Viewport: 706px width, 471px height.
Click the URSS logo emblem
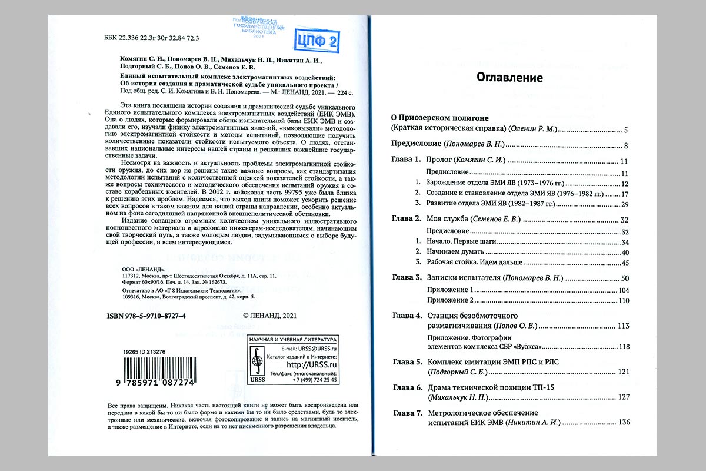pyautogui.click(x=257, y=363)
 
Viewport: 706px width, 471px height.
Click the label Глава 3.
pyautogui.click(x=407, y=278)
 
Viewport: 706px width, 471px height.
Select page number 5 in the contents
pyautogui.click(x=627, y=129)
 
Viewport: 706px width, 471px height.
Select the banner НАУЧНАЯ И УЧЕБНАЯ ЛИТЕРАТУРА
pyautogui.click(x=293, y=340)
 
